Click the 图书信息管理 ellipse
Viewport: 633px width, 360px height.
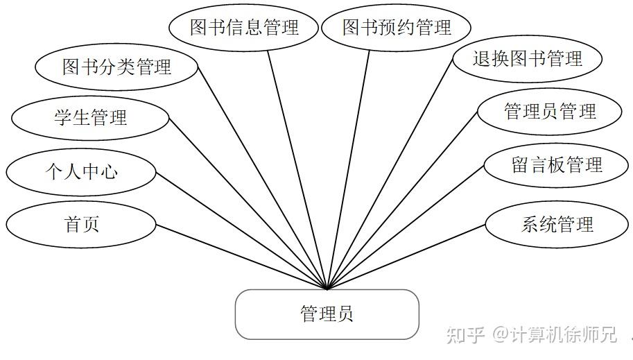(244, 28)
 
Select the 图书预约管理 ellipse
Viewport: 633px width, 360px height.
(397, 28)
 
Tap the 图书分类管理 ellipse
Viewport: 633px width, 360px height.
(116, 67)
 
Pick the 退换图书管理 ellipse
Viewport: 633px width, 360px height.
(527, 59)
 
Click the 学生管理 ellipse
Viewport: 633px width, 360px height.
(90, 117)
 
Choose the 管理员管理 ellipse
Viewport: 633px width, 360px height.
(549, 112)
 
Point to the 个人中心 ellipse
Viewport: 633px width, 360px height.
(82, 171)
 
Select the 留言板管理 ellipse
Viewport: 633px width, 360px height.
(556, 165)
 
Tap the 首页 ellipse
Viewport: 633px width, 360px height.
(82, 224)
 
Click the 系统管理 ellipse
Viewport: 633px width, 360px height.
(557, 224)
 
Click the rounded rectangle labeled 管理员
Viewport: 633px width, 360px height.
(327, 314)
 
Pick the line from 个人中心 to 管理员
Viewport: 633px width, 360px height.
(241, 229)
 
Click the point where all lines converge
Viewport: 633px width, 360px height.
(327, 289)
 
